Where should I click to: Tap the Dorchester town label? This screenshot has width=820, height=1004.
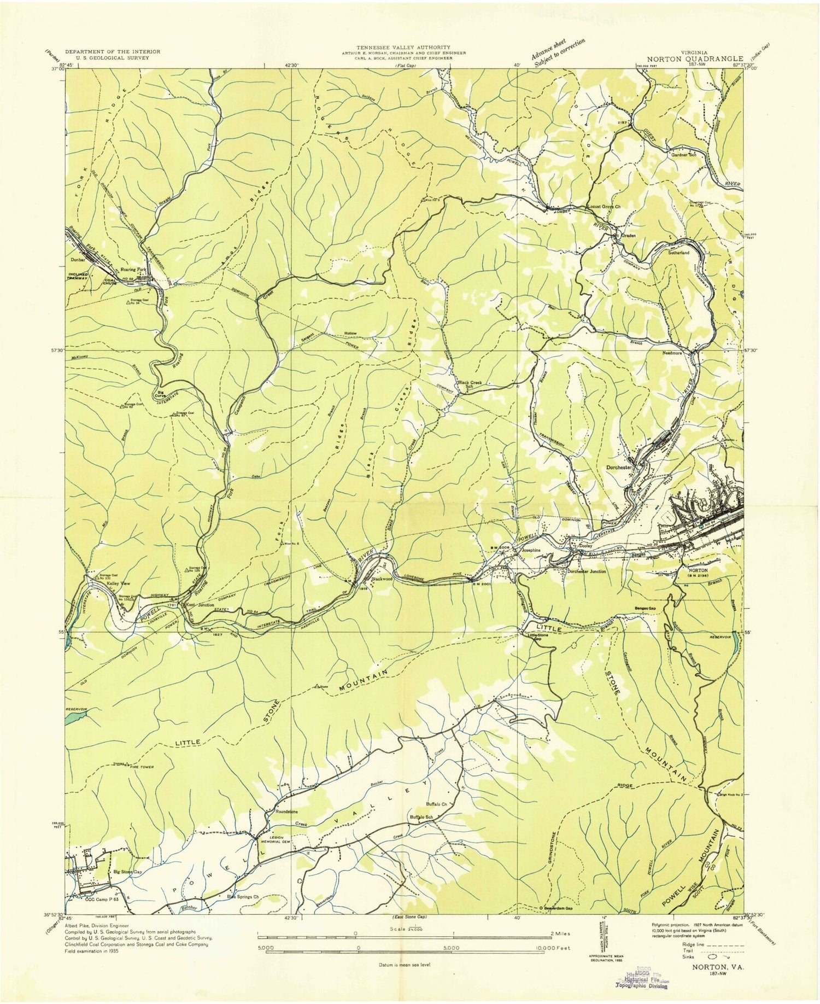tap(619, 468)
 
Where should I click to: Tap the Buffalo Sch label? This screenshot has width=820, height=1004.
tap(421, 817)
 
